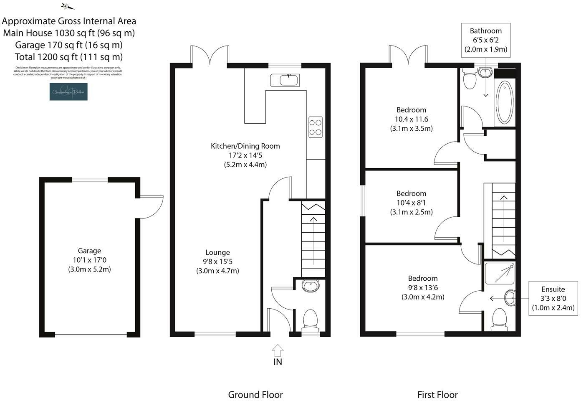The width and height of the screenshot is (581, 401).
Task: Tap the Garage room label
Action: tap(89, 251)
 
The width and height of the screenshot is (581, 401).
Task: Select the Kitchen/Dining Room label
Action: tap(245, 146)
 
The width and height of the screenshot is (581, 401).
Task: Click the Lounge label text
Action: tap(217, 252)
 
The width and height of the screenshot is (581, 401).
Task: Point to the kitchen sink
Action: tap(285, 80)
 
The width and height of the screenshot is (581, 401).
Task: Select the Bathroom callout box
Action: tap(485, 40)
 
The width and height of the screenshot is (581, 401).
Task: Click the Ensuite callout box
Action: tap(553, 298)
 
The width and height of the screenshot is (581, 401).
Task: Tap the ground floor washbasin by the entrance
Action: tap(310, 286)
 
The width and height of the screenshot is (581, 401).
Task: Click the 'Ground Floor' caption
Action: tap(255, 395)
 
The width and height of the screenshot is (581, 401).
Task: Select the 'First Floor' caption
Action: tap(437, 395)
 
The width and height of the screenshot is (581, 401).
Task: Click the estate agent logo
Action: tap(68, 91)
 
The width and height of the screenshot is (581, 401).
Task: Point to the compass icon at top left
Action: tap(67, 6)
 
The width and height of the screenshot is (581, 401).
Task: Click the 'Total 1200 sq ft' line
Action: tap(69, 57)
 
